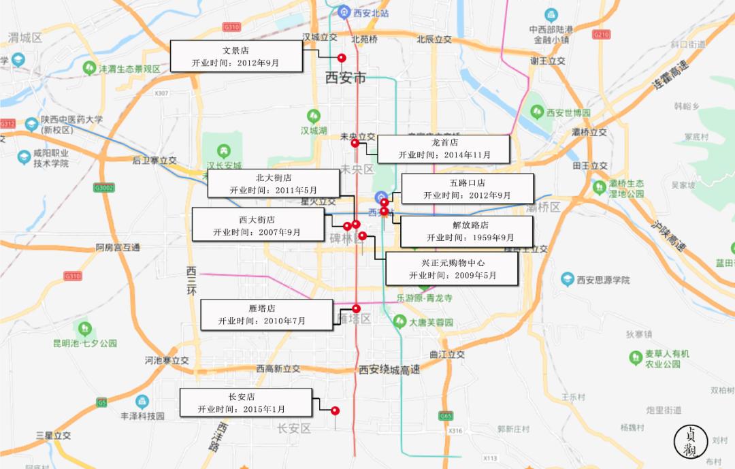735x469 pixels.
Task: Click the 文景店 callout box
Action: [x=235, y=56]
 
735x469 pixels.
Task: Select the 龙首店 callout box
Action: [x=444, y=148]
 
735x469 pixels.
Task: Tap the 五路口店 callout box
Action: [x=467, y=189]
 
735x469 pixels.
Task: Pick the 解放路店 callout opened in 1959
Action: [x=470, y=231]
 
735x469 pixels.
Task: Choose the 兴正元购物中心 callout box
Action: [x=452, y=268]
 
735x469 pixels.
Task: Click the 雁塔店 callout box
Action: [x=267, y=314]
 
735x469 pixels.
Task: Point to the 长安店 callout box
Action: [x=246, y=402]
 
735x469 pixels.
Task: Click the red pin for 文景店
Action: [x=342, y=59]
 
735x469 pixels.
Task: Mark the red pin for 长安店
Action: [x=335, y=410]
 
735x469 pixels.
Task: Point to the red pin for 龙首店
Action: [x=355, y=143]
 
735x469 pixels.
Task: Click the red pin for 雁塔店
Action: [x=356, y=308]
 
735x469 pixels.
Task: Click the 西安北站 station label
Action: [x=370, y=13]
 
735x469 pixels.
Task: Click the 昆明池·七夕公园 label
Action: [x=85, y=343]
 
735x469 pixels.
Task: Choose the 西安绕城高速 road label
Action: [x=389, y=370]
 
